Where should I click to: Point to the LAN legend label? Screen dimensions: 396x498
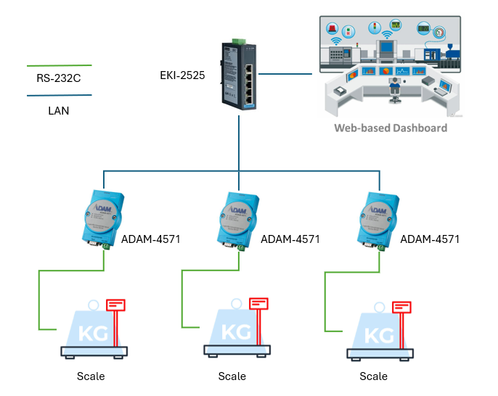pos(58,111)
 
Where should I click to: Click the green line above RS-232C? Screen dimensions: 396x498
pos(58,66)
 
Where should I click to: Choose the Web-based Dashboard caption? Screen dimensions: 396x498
pos(390,128)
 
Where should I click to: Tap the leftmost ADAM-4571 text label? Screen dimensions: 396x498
pos(151,239)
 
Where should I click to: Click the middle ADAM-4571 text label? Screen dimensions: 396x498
pos(290,239)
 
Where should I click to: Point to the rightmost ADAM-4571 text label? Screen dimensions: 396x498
pos(430,239)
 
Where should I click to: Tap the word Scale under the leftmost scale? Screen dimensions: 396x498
pos(91,376)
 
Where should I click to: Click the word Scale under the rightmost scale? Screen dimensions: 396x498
pos(373,376)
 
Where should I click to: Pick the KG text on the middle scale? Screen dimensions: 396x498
pos(234,332)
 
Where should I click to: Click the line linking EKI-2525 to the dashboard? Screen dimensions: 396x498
pos(289,73)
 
